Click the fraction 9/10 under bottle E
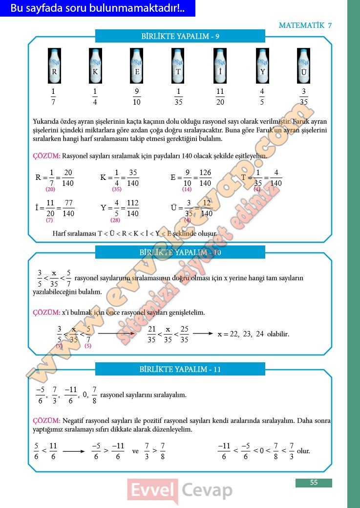point(137,97)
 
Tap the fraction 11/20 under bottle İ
point(220,97)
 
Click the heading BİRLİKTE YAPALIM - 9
point(180,36)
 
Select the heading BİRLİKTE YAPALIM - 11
point(180,369)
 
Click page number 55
point(314,483)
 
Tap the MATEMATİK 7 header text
point(305,25)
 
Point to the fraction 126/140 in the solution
point(205,178)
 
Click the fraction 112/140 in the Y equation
point(132,208)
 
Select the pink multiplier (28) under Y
point(115,220)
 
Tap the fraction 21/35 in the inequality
point(151,334)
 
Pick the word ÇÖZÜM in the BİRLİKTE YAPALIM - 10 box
point(46,312)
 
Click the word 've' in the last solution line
point(136,451)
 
